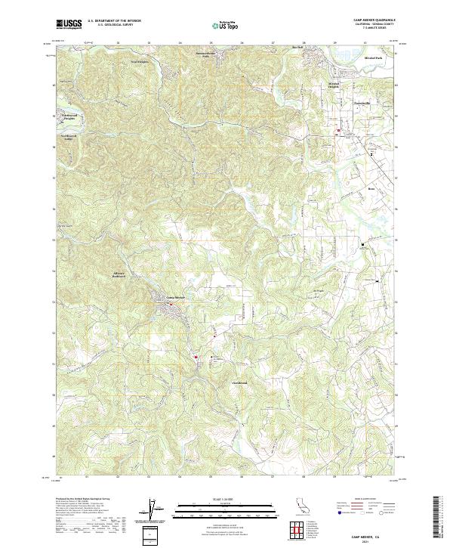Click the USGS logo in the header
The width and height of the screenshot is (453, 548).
tap(68, 24)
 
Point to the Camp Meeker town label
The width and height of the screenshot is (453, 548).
tap(175, 296)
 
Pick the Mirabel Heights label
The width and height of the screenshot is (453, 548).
tap(334, 85)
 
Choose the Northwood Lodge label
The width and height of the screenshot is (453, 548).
tap(69, 138)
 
